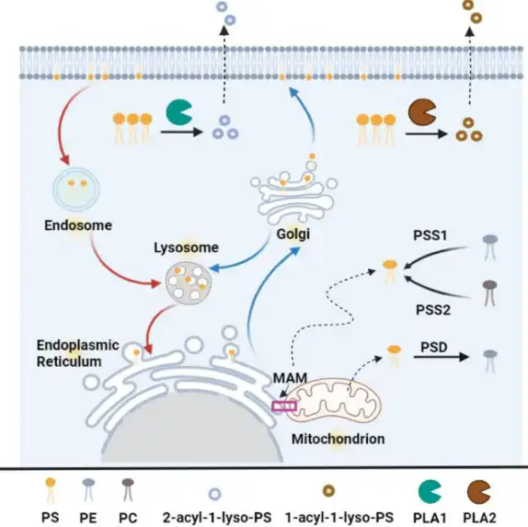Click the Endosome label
point(78,225)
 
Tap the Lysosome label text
point(186,247)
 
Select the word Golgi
point(293,234)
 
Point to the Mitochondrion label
point(339,439)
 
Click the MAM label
point(290,378)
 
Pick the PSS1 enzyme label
point(430,235)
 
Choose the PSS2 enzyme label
point(433,310)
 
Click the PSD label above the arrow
point(434,347)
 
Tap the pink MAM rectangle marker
point(284,407)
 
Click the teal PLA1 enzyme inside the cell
point(178,112)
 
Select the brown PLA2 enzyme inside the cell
point(421,111)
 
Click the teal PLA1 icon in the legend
point(429,492)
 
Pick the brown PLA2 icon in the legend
point(477,492)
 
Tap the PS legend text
point(51,518)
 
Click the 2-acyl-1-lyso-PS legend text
point(217,518)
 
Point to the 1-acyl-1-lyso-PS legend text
point(339,518)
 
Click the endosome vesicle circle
point(76,189)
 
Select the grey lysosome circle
point(189,281)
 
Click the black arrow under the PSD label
point(442,357)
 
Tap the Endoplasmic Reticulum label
point(78,353)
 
